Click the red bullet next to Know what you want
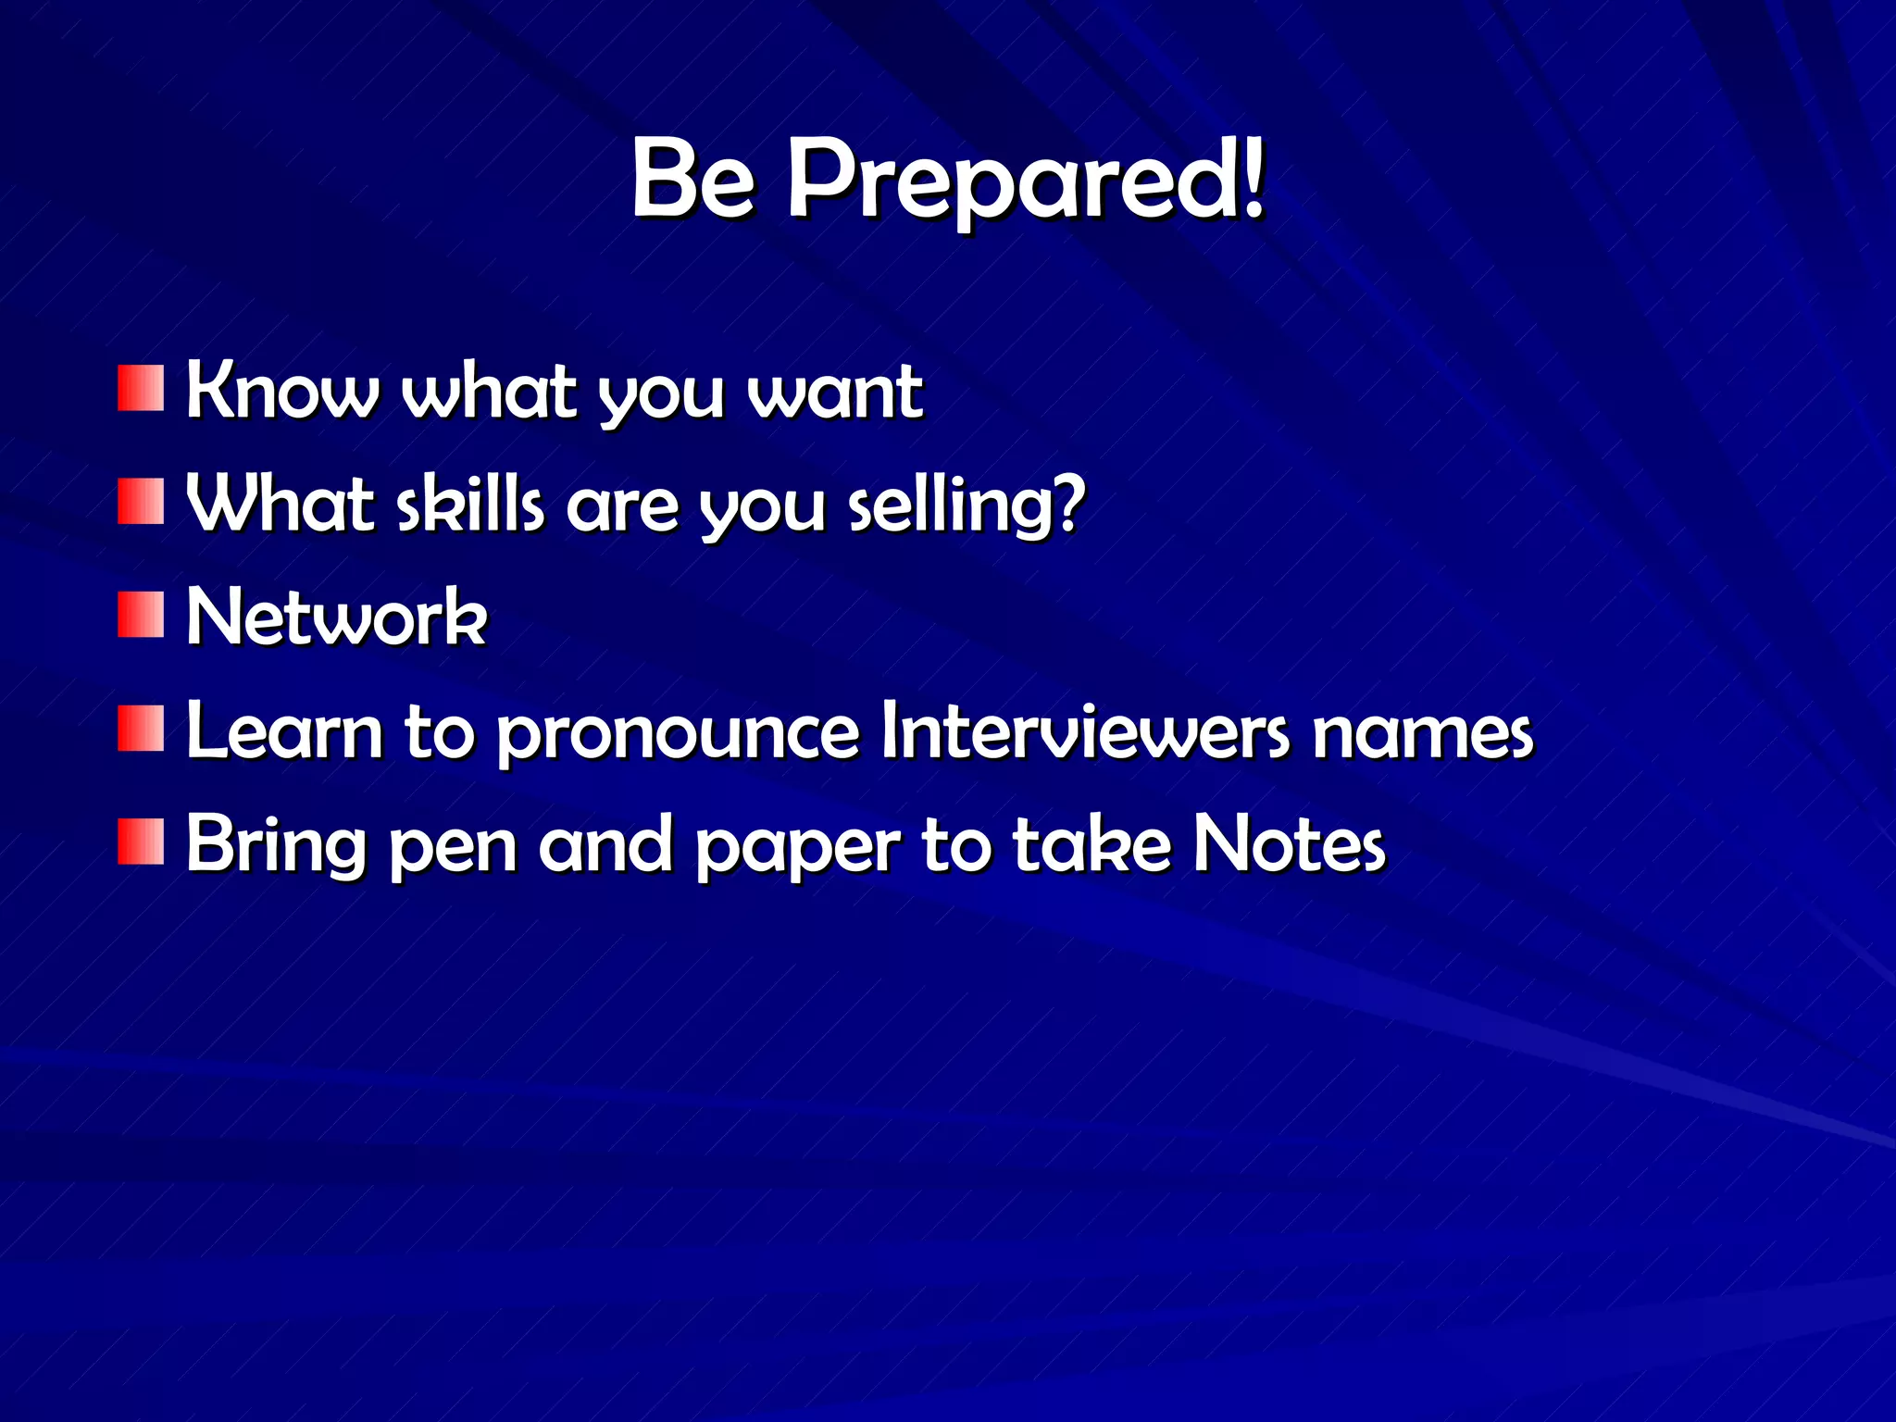click(x=141, y=389)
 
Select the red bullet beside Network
click(x=141, y=616)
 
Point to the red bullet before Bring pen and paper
click(x=141, y=842)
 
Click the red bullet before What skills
click(x=141, y=502)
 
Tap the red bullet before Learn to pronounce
click(x=141, y=729)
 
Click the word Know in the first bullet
click(x=282, y=391)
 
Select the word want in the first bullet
click(x=834, y=393)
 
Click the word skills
click(x=470, y=505)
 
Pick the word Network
click(x=336, y=617)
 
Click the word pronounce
click(x=679, y=734)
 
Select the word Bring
click(x=276, y=845)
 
